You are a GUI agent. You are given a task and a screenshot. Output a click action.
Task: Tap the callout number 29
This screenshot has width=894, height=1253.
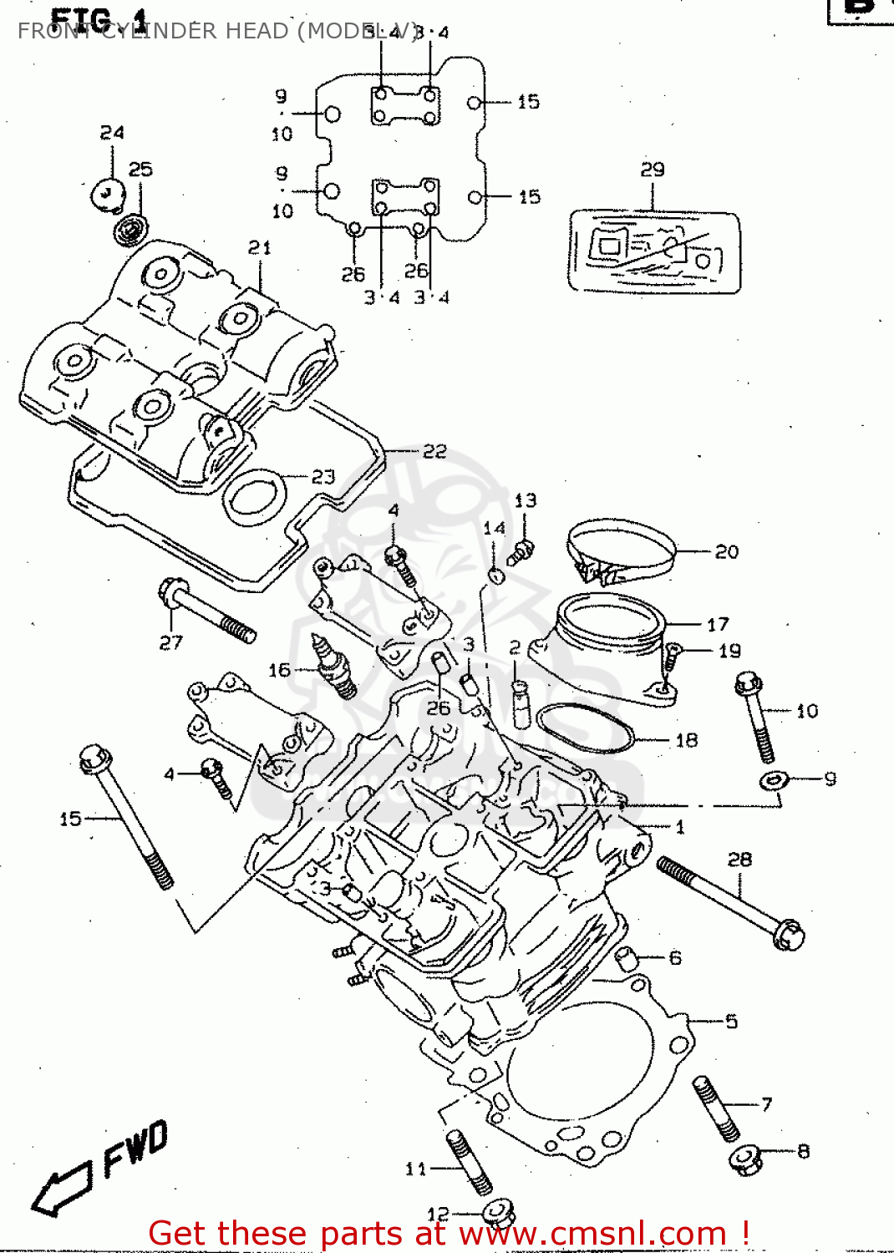[653, 170]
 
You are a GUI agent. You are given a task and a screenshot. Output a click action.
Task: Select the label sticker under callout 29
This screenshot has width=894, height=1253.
[654, 251]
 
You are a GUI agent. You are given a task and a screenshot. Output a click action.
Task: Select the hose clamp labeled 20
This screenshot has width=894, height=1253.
[621, 551]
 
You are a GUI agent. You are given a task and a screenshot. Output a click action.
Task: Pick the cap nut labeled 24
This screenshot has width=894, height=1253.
[107, 195]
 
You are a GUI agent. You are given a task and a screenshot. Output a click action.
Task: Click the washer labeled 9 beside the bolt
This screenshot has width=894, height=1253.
[774, 780]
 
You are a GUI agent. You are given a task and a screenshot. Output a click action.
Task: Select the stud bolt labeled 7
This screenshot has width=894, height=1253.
[716, 1108]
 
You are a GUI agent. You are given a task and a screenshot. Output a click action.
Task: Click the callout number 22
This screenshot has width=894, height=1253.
[434, 452]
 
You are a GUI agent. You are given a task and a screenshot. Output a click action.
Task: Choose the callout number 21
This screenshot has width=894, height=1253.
[260, 247]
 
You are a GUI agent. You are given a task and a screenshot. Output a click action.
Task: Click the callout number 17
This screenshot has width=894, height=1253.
[718, 625]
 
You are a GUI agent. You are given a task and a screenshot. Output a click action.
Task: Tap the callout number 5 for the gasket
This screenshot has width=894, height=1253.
[731, 1022]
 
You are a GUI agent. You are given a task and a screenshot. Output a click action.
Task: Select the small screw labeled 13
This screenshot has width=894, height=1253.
[521, 551]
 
